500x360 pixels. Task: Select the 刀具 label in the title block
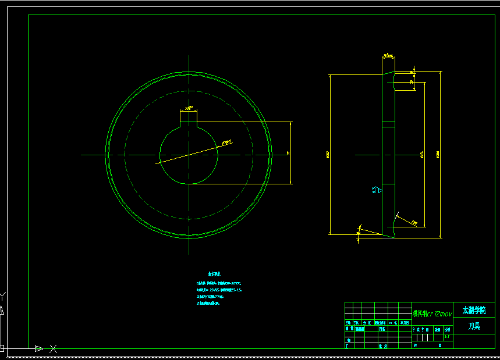click(474, 326)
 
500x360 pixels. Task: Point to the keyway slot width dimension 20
click(189, 108)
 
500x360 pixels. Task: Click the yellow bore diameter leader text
click(227, 141)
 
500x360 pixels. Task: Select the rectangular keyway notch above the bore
click(189, 119)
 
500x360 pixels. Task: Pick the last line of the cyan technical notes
click(209, 303)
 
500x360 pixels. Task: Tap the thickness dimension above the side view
click(388, 56)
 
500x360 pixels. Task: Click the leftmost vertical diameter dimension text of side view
click(328, 155)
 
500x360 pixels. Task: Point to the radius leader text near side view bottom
click(414, 222)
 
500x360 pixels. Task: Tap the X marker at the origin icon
click(53, 348)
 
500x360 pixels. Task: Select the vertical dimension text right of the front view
click(288, 153)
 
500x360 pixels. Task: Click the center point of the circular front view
click(189, 155)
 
